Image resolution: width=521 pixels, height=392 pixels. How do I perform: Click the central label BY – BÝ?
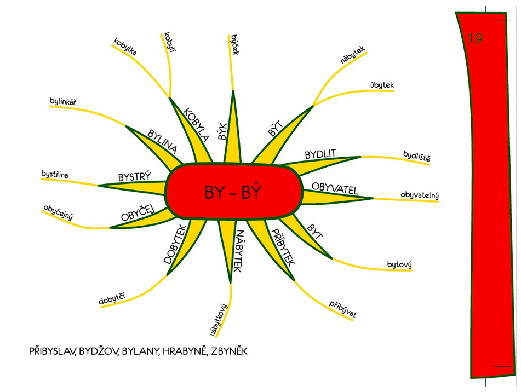[233, 192]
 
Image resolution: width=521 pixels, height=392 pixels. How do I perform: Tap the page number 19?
[475, 38]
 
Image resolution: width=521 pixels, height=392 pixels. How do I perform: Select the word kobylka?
[125, 47]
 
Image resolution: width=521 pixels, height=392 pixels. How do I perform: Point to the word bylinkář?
[63, 101]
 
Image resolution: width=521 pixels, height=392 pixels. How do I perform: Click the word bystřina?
[55, 174]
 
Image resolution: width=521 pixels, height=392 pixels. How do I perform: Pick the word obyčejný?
[58, 213]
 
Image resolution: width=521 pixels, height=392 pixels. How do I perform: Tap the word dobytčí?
[112, 298]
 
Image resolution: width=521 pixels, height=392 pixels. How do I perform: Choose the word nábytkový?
[219, 319]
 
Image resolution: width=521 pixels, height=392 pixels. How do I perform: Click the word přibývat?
[342, 309]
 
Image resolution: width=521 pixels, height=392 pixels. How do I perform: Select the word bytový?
[399, 264]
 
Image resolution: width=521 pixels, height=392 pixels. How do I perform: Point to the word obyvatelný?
[420, 195]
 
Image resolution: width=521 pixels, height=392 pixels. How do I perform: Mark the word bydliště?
[417, 156]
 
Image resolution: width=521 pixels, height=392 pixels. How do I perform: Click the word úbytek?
[382, 85]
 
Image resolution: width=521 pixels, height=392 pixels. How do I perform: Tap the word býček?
[235, 44]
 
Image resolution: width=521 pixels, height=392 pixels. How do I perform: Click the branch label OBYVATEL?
[335, 188]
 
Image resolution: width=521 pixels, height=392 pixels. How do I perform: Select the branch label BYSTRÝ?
[135, 176]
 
